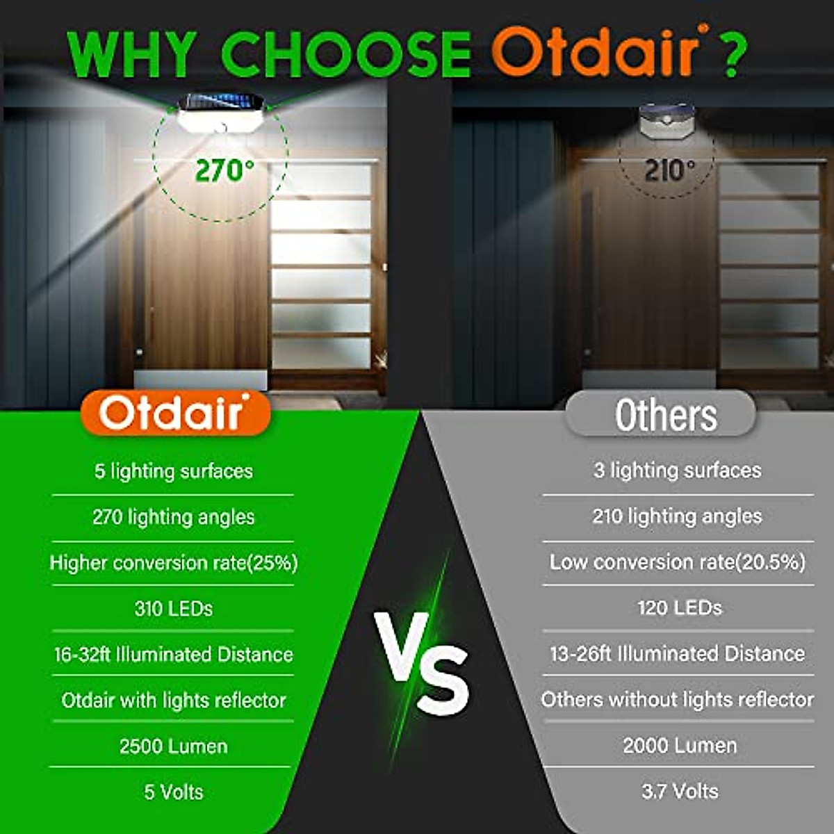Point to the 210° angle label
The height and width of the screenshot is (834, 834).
[x=669, y=170]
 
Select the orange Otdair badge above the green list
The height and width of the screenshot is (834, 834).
[x=174, y=413]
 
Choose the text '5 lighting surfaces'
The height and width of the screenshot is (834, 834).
[x=174, y=471]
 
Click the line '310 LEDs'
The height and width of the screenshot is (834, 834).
[x=174, y=609]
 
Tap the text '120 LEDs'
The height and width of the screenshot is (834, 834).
[x=679, y=608]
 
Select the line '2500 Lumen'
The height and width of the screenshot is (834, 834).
[x=174, y=746]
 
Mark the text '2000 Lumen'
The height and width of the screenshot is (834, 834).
[x=679, y=746]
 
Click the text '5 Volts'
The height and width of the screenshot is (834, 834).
[x=174, y=792]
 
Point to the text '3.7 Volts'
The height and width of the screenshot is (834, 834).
[x=679, y=791]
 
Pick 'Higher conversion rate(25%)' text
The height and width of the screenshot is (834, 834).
[x=174, y=563]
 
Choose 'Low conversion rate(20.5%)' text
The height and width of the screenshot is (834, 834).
[x=678, y=562]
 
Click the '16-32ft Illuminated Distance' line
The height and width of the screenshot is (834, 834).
[x=174, y=655]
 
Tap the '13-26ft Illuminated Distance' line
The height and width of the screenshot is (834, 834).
[x=678, y=654]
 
